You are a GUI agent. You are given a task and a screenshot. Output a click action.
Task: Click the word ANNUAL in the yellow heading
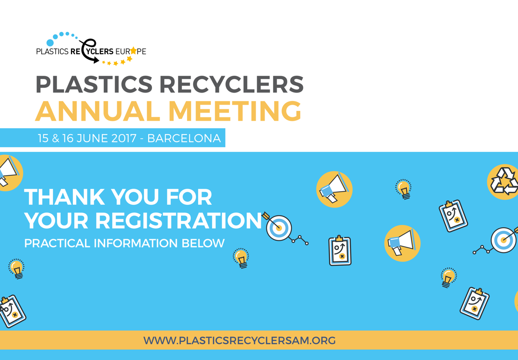click(x=98, y=111)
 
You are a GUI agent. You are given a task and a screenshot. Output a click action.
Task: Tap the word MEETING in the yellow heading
click(x=235, y=111)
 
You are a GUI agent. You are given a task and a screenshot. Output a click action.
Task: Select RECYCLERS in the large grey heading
click(x=231, y=84)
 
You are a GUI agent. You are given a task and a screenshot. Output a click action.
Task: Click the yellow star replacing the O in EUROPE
click(x=133, y=51)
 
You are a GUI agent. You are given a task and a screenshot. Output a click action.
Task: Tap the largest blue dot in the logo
click(x=50, y=43)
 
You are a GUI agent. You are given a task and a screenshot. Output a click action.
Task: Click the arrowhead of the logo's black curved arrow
click(x=96, y=60)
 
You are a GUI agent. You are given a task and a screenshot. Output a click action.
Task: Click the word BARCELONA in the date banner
click(x=184, y=138)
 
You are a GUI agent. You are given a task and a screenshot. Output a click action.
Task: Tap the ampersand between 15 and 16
click(x=56, y=138)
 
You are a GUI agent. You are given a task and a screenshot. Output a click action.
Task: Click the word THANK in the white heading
click(x=65, y=197)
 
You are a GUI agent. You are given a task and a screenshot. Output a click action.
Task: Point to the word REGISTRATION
click(x=179, y=220)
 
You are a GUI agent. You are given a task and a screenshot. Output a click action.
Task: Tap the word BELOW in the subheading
click(x=203, y=244)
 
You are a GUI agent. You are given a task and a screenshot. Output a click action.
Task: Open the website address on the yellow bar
click(x=239, y=340)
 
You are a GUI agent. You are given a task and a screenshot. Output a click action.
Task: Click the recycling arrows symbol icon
click(x=504, y=181)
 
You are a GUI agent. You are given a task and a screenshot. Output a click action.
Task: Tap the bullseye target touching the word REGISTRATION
click(x=279, y=228)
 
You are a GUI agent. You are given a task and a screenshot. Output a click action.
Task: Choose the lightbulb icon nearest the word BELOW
click(x=241, y=258)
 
